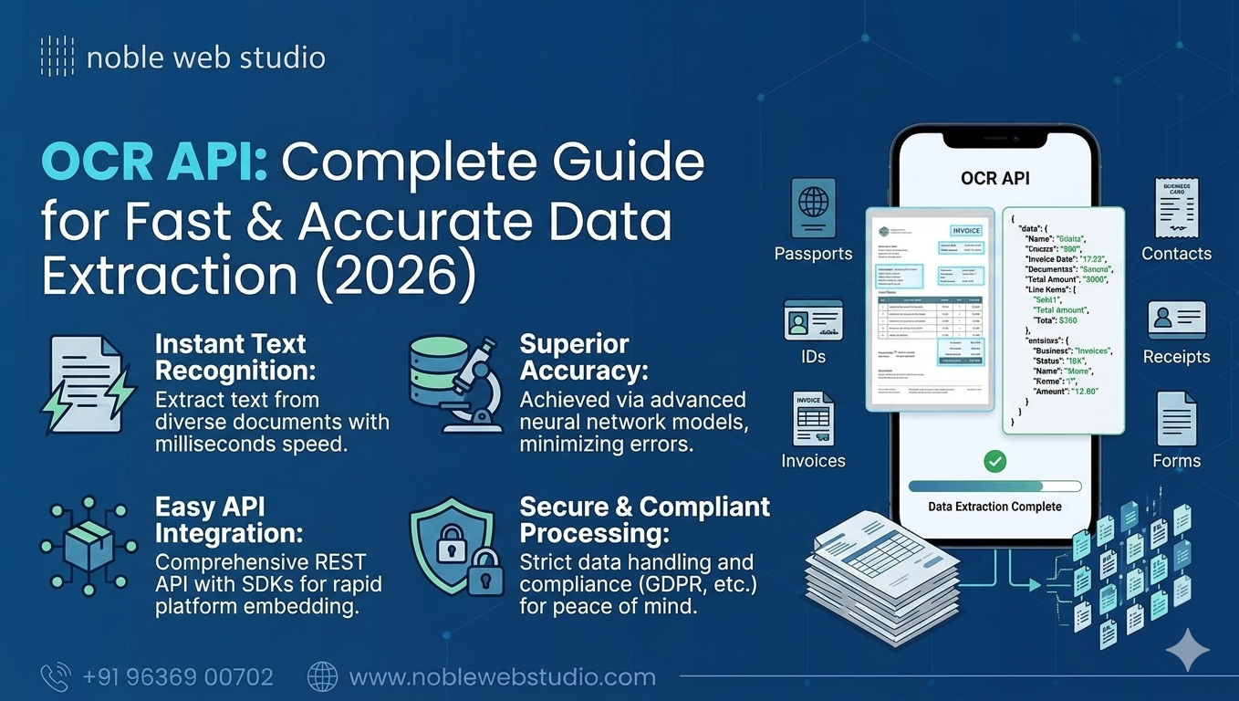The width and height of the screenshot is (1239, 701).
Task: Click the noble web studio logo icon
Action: (57, 57)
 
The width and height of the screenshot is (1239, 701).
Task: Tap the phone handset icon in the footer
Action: (56, 676)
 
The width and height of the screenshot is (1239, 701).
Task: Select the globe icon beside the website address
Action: (322, 676)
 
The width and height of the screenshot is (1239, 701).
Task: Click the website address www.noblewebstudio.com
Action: (502, 677)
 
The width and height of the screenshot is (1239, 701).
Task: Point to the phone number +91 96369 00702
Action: (177, 677)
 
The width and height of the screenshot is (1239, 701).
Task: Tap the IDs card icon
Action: (813, 320)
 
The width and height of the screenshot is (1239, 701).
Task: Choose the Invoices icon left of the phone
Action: (812, 419)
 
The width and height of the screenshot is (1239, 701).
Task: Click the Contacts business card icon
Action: (1176, 208)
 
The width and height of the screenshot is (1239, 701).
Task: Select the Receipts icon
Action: (1176, 320)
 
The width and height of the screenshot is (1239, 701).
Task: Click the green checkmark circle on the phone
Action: (994, 462)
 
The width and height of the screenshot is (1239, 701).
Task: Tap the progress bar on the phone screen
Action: (994, 487)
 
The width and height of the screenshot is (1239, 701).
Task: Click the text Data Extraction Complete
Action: (994, 507)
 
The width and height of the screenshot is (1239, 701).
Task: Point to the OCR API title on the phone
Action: (995, 178)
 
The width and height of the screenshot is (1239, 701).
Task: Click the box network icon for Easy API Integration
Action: (88, 546)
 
